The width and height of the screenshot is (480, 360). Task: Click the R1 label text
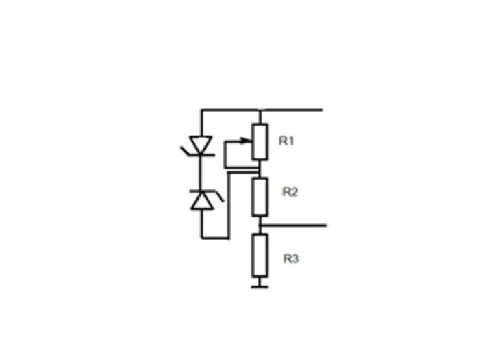coord(287,141)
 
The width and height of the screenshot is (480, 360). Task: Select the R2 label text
coord(290,192)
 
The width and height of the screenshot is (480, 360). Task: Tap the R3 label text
coord(290,259)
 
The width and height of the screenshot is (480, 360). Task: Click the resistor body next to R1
coord(261,142)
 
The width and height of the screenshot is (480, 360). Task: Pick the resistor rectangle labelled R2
coord(260,197)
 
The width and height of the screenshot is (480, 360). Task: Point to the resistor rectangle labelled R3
coord(260,257)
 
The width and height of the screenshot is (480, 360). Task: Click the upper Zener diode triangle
coord(201,143)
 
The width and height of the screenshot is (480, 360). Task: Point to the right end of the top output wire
coord(323,109)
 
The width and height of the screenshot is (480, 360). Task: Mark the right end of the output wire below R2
coord(325,226)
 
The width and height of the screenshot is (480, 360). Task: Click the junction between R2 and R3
coord(260,226)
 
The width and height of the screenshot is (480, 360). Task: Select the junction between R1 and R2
coord(260,172)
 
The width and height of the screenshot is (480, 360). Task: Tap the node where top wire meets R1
coord(260,109)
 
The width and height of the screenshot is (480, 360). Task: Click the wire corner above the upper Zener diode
coord(201,109)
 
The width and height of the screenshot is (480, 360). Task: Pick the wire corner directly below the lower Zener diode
coord(201,237)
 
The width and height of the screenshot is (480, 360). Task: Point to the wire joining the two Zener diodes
coord(201,171)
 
